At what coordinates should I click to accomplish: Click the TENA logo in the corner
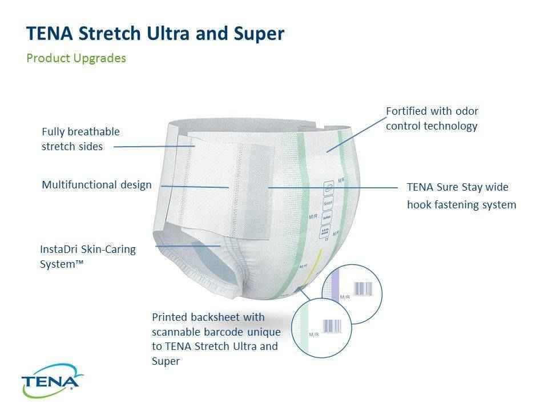(51, 381)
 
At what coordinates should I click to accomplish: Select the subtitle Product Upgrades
(76, 58)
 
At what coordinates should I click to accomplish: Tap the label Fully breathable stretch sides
(80, 139)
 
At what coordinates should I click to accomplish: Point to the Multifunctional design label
(97, 184)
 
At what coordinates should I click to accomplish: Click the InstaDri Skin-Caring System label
(88, 257)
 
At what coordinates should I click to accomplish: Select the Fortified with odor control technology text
(432, 118)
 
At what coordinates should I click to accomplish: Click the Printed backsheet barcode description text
(215, 339)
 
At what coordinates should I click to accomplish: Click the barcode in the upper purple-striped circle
(363, 289)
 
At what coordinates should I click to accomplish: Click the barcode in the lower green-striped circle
(333, 326)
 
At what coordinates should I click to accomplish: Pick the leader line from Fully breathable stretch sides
(154, 146)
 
